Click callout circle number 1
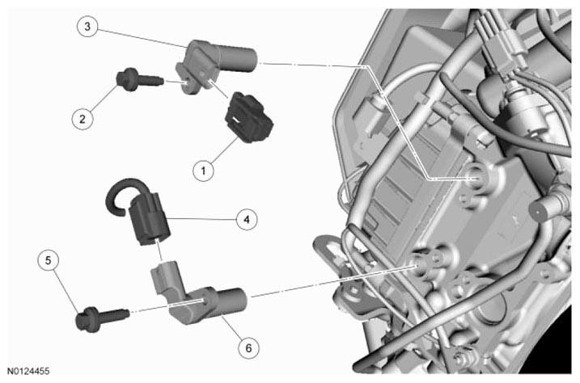pos(203,170)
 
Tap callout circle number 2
pos(83,119)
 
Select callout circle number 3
pos(87,26)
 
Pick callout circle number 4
pos(247,220)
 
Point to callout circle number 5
pos(48,260)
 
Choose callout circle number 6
pos(248,348)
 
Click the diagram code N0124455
pos(28,371)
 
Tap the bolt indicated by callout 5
pos(102,318)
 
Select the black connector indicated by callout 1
pos(249,118)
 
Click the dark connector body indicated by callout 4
pos(150,219)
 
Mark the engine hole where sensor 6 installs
pos(418,266)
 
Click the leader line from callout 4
pos(201,219)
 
